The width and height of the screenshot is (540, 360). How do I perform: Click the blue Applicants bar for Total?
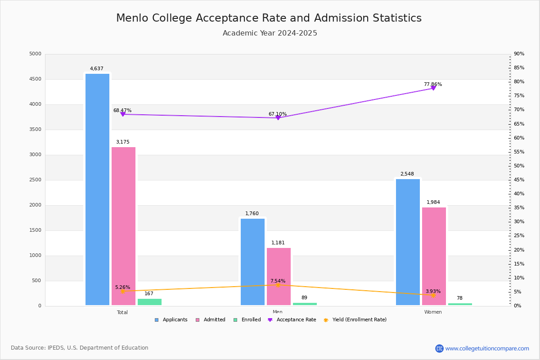(97, 189)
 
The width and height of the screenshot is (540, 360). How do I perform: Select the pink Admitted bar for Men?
(279, 276)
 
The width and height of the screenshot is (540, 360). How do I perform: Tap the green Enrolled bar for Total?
(149, 302)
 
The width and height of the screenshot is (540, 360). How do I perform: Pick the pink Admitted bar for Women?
(434, 256)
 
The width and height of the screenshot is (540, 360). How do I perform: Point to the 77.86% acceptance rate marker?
(433, 88)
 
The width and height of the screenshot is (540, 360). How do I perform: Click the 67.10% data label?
(278, 114)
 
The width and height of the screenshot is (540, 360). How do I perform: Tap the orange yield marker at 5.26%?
(122, 291)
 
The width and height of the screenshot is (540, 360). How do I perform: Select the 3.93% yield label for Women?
(433, 291)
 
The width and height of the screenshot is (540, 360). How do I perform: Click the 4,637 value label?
(96, 69)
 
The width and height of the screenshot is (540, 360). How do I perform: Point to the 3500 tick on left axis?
(35, 130)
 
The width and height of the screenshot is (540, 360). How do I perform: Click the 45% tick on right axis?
(519, 180)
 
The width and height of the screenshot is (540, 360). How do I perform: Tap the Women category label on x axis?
(433, 312)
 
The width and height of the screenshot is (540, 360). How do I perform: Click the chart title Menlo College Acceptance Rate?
(269, 18)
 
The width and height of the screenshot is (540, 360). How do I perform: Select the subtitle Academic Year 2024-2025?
(270, 33)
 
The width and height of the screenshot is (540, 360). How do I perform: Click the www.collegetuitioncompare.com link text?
(487, 348)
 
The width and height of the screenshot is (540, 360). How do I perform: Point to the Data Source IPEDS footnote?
(80, 348)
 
